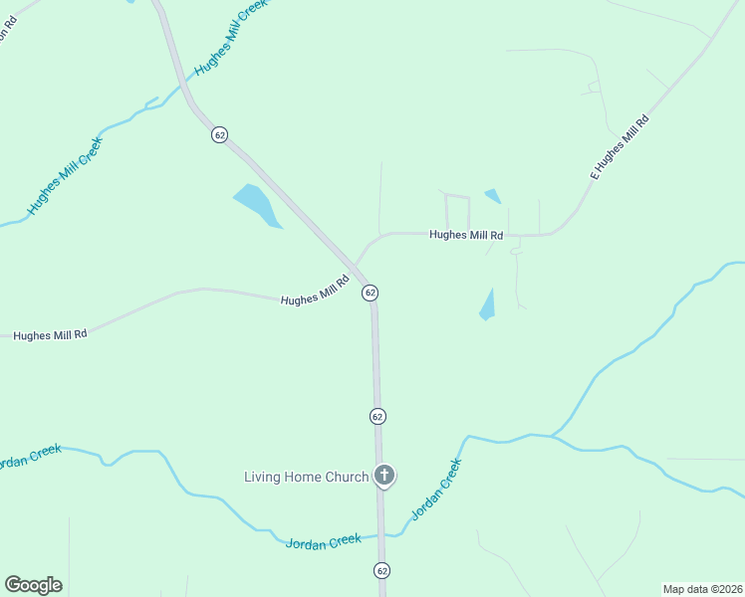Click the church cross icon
(384, 476)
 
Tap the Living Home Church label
(306, 477)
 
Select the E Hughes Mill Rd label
(619, 147)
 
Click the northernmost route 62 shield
(219, 134)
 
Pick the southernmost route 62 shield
(381, 570)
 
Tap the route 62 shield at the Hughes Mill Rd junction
(370, 293)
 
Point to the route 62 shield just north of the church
(376, 416)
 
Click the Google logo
(33, 585)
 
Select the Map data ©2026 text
(702, 589)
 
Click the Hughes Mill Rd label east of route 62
(466, 236)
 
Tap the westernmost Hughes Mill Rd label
(51, 335)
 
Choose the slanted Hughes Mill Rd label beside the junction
(315, 292)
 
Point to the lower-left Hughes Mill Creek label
(65, 176)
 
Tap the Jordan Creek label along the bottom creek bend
(323, 541)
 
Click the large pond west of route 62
(257, 204)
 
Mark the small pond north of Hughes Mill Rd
(492, 196)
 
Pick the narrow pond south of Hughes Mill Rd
(487, 304)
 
